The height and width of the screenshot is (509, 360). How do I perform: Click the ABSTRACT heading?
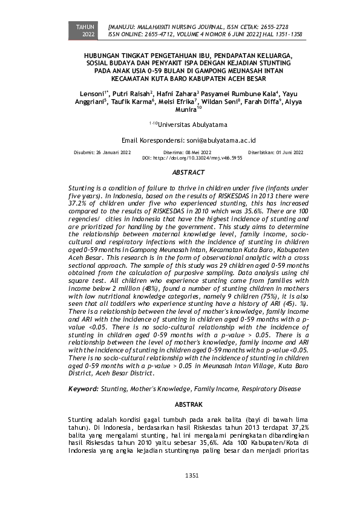189,173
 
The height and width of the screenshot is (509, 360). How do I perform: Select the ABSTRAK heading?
189,403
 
